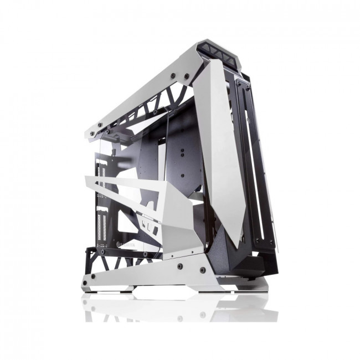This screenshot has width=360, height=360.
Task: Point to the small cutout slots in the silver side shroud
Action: pyautogui.click(x=146, y=227)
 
